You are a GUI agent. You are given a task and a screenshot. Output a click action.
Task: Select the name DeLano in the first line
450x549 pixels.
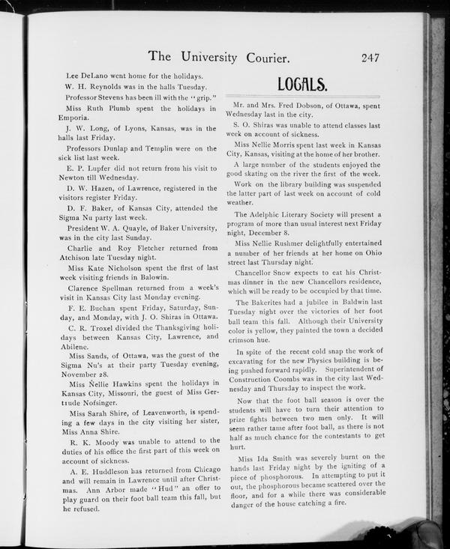94,76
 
